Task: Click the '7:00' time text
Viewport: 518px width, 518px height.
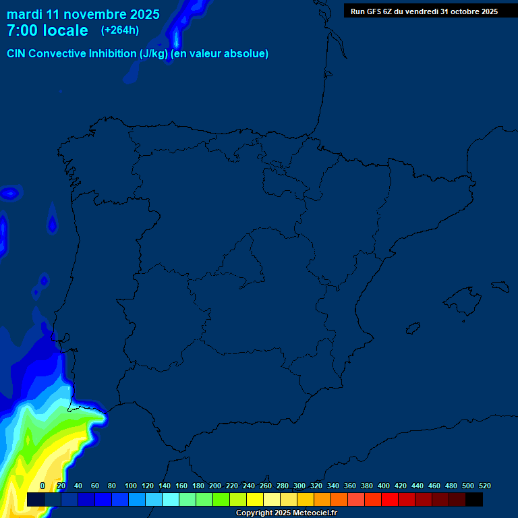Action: (x=22, y=30)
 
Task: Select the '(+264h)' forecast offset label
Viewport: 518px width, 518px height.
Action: (x=119, y=30)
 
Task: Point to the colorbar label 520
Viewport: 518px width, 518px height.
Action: (x=484, y=486)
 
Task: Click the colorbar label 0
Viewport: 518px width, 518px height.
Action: (x=42, y=486)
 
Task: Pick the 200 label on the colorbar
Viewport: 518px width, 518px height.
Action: (x=215, y=486)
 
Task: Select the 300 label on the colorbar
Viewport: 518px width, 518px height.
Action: (x=299, y=486)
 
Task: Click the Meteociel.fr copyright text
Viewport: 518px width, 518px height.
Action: (x=286, y=513)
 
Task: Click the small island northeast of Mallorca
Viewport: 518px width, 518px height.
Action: (x=500, y=287)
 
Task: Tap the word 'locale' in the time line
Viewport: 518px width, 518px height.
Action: (x=64, y=30)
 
